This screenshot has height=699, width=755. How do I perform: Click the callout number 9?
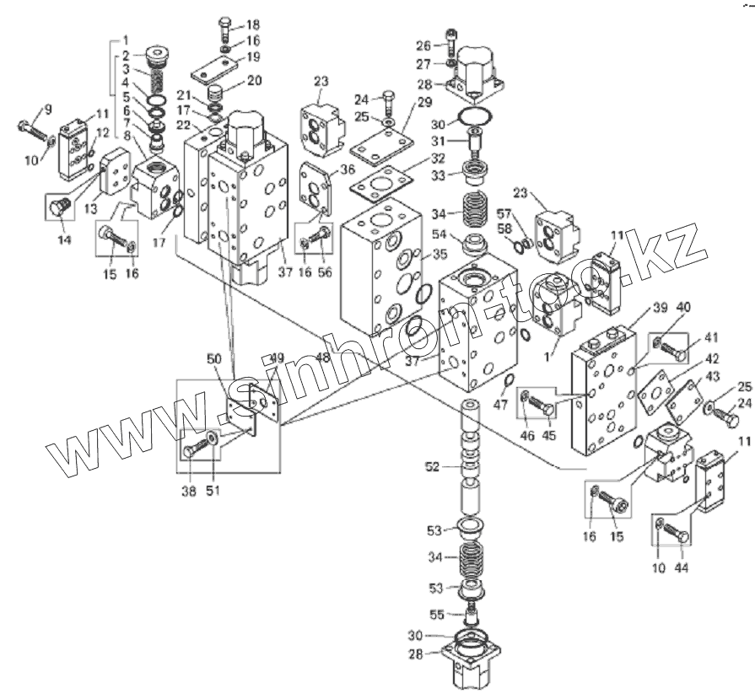47,109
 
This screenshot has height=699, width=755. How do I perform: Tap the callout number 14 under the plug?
62,240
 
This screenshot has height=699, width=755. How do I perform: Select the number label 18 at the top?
253,24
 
